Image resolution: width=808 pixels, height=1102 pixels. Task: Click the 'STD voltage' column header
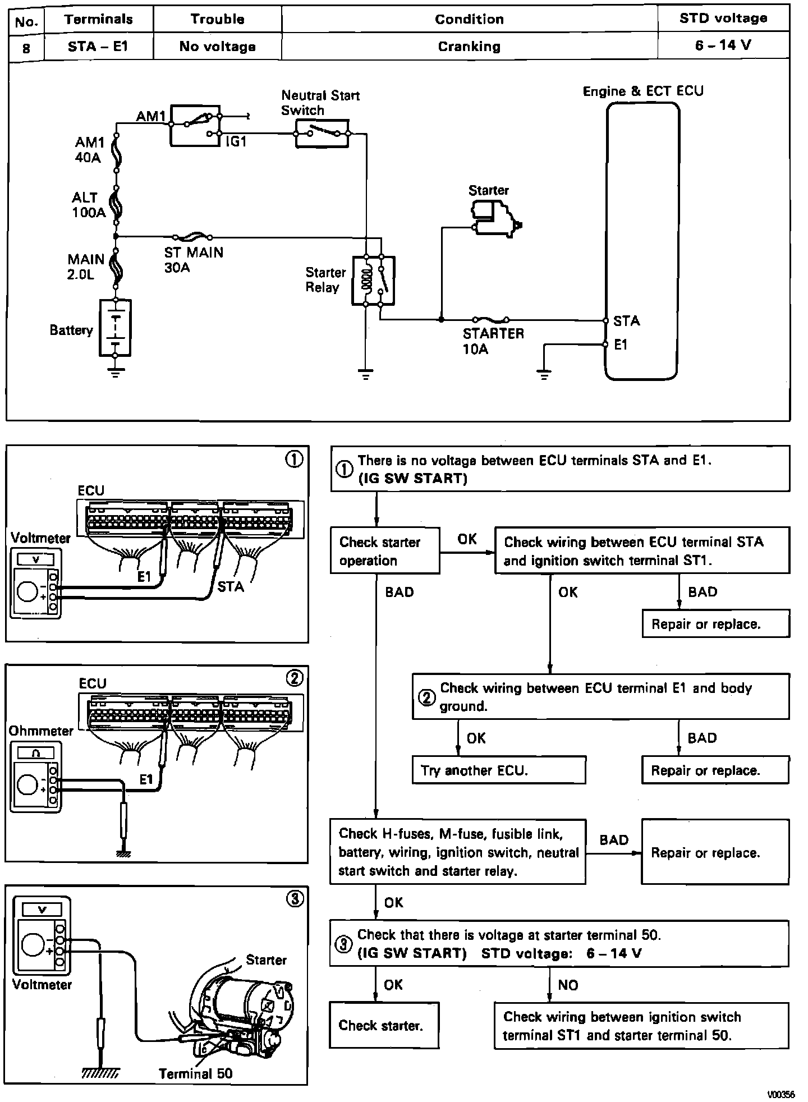coord(723,19)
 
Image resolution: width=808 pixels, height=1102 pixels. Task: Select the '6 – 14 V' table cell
coord(723,45)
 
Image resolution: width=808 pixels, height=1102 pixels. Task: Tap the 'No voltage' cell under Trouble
coord(217,47)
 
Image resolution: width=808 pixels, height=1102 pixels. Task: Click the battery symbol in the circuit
coord(115,328)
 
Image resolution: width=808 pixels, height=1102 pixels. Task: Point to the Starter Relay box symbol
coord(373,281)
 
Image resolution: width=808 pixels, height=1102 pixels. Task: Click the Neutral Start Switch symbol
coord(322,134)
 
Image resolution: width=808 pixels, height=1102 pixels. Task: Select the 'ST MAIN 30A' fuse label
coord(194,260)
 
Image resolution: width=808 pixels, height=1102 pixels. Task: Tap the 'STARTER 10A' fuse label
coord(493,341)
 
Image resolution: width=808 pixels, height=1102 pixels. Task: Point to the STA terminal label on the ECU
coord(626,321)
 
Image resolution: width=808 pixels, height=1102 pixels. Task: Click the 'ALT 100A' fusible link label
coord(89,205)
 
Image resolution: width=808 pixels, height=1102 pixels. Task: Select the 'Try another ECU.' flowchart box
coord(499,770)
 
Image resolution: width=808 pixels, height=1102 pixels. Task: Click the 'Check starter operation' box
coord(385,550)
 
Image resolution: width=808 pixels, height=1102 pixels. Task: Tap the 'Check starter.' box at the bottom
coord(384,1025)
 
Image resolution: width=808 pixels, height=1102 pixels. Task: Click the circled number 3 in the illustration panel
coord(295,899)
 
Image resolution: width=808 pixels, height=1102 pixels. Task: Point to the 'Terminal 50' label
coord(195,1073)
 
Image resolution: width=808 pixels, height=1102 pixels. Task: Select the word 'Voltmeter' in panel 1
coord(40,538)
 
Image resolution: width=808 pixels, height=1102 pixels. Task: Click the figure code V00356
coord(782,1094)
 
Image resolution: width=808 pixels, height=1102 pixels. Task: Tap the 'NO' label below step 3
coord(568,985)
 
